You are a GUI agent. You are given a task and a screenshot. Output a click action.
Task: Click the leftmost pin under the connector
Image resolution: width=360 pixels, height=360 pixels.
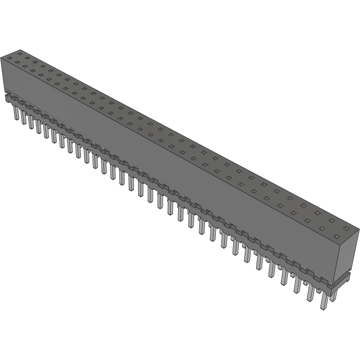point(16,113)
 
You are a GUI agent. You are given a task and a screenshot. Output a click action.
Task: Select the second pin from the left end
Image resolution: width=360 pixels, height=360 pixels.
point(23,117)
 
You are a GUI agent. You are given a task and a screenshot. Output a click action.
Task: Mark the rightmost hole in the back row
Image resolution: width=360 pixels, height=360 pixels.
point(346,229)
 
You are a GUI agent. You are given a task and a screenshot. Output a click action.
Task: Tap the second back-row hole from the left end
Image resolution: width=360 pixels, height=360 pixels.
point(27,57)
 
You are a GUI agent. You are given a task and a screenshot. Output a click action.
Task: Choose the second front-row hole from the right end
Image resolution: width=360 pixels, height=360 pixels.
point(322,228)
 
